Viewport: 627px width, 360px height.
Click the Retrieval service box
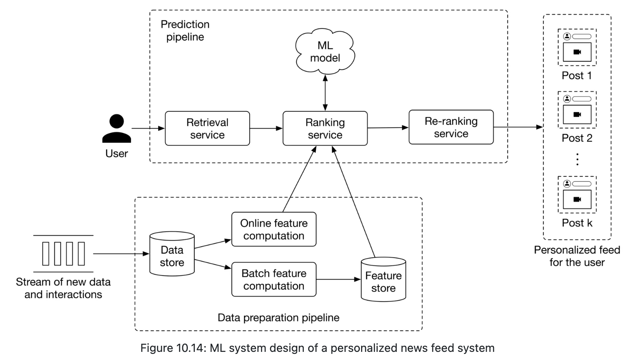click(x=207, y=128)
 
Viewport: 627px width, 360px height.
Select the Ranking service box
click(x=325, y=128)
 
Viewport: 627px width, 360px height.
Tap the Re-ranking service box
click(x=451, y=127)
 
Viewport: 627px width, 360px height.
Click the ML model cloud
click(x=325, y=52)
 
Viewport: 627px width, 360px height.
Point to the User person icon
click(x=117, y=129)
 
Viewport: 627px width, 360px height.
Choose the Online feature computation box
click(x=274, y=229)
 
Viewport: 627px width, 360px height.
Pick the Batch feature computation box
click(x=274, y=280)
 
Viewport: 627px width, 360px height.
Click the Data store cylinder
click(x=172, y=254)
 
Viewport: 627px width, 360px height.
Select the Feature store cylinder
click(x=383, y=280)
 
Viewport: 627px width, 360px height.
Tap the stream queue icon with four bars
click(x=63, y=254)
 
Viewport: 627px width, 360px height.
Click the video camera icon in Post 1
click(x=577, y=52)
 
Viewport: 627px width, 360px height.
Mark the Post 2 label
click(x=577, y=138)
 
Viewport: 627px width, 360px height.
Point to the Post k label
click(x=577, y=223)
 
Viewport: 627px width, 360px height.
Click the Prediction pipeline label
click(x=185, y=30)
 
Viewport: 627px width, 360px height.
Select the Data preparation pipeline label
click(x=279, y=318)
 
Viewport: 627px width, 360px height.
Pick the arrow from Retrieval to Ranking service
click(x=266, y=128)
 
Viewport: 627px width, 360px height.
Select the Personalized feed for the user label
click(x=577, y=256)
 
